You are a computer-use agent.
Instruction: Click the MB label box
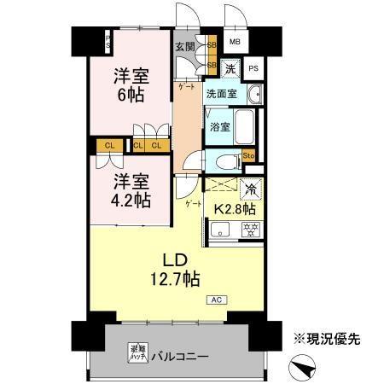tap(235, 40)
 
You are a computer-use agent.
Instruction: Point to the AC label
tap(217, 300)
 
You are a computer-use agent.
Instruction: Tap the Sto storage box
tap(249, 155)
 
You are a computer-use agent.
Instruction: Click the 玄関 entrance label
tap(184, 47)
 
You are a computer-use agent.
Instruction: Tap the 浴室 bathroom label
tap(219, 127)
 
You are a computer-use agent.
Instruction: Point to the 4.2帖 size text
tap(131, 201)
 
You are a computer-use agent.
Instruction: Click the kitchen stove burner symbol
tap(251, 228)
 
